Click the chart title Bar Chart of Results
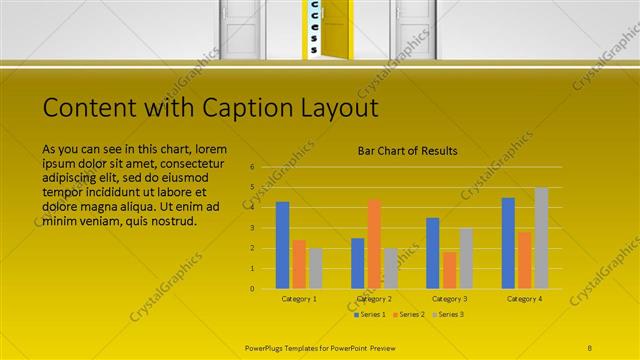408,151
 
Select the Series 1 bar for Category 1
282,245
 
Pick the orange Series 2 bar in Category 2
374,244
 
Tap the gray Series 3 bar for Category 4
541,238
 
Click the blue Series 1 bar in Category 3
433,253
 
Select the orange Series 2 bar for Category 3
449,270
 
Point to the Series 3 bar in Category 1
315,268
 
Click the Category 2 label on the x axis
374,298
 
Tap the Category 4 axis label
524,298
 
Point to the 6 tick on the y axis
253,167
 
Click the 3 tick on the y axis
253,228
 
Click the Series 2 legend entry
408,314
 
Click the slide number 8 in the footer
590,348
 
